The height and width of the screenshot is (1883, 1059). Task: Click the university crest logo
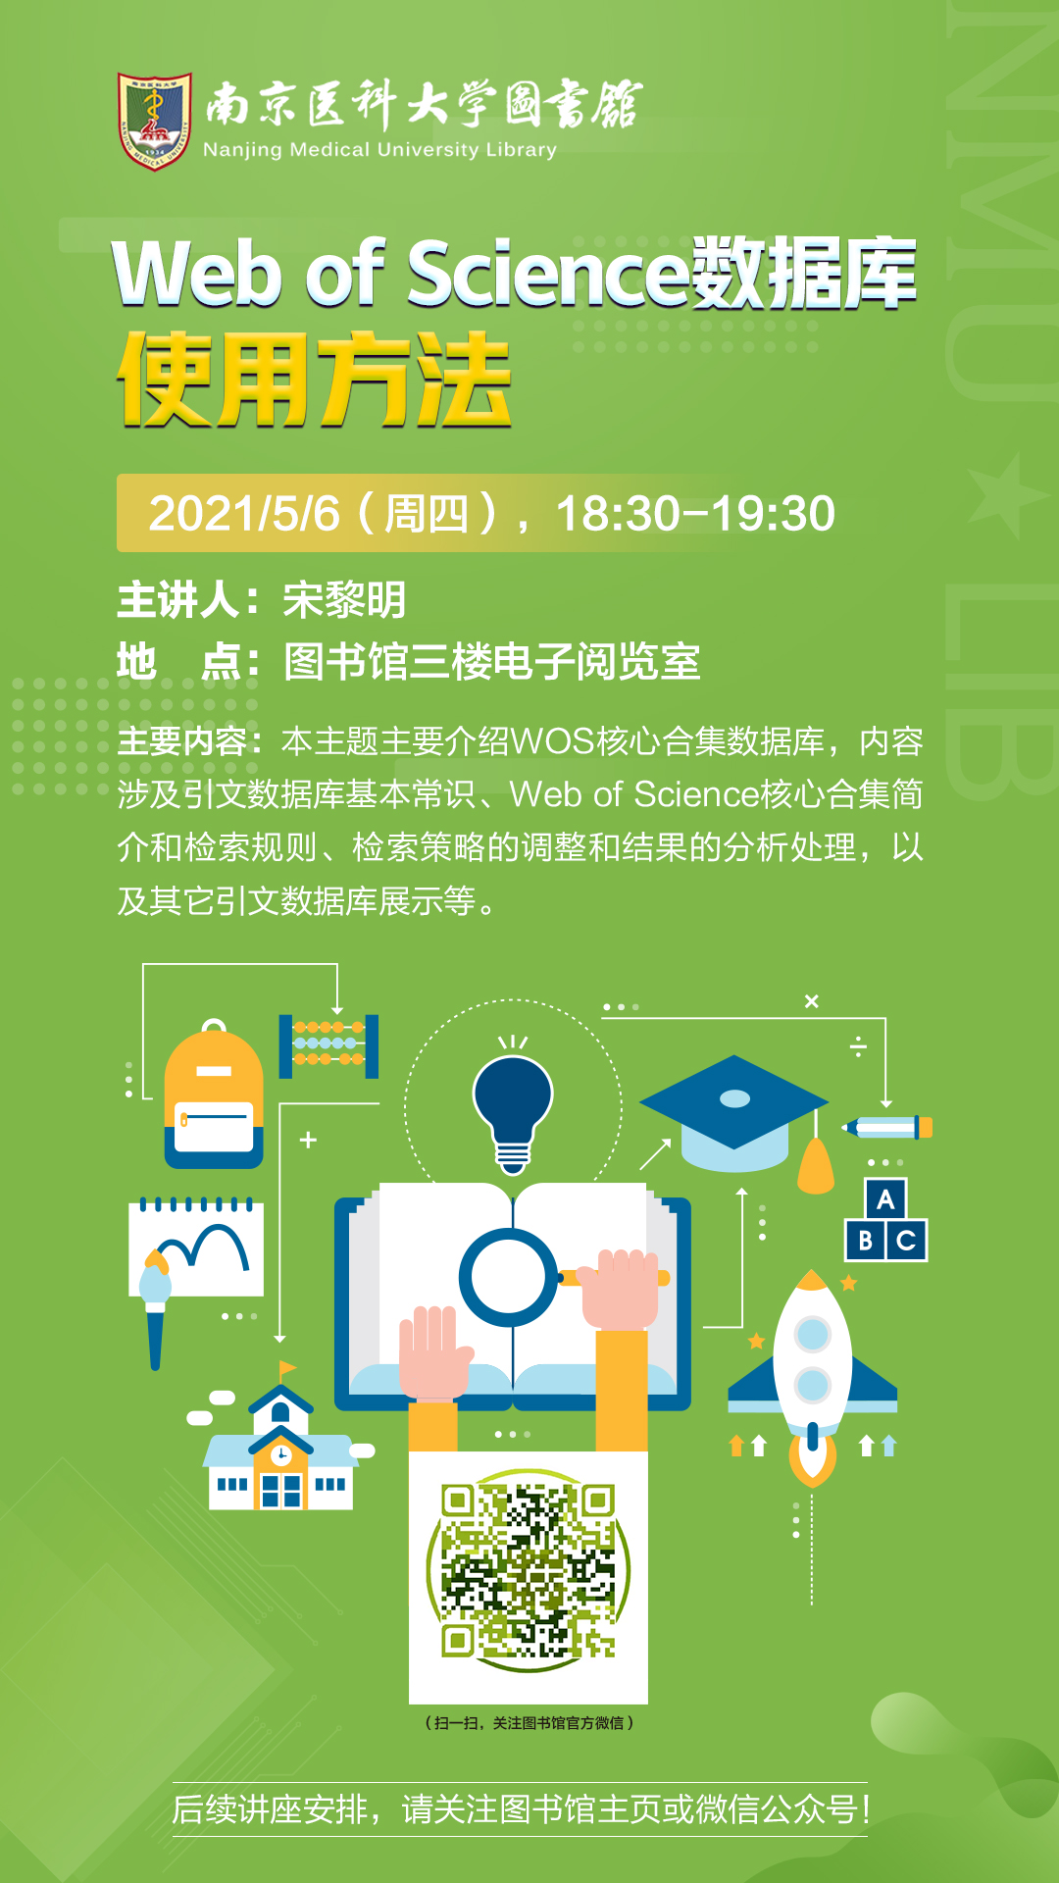[155, 121]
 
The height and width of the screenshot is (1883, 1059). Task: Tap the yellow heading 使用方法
[314, 380]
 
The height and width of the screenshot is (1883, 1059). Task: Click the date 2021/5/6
[244, 514]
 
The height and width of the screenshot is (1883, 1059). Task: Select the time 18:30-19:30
[695, 514]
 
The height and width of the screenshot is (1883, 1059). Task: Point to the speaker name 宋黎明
[344, 600]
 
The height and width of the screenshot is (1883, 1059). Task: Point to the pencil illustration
[887, 1128]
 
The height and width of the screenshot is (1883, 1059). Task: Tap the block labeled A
[885, 1198]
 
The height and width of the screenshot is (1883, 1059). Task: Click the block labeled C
[907, 1241]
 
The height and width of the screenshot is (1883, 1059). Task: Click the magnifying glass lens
[508, 1278]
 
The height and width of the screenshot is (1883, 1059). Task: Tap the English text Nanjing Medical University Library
[379, 150]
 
